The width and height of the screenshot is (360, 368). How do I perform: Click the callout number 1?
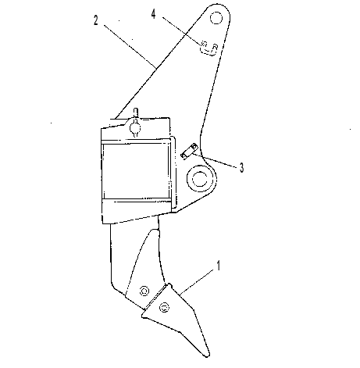click(219, 266)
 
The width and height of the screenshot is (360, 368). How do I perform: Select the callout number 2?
click(96, 20)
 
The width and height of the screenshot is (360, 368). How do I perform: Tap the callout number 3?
click(242, 168)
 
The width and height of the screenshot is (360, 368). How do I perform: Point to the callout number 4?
click(154, 14)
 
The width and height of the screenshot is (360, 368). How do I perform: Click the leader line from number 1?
click(198, 282)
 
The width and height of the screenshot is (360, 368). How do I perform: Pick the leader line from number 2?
click(130, 47)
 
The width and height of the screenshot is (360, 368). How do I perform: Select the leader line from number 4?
click(182, 30)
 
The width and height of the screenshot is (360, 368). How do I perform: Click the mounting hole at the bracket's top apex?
click(216, 18)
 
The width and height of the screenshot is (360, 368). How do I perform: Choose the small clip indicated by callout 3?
click(189, 151)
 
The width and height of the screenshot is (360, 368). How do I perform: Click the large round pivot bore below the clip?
click(200, 179)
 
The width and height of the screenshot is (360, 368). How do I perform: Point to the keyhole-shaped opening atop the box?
click(135, 127)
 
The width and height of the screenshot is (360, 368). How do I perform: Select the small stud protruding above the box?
click(135, 113)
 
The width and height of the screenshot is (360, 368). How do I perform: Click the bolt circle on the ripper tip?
click(164, 308)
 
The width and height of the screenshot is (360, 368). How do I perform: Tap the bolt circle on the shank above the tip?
click(144, 291)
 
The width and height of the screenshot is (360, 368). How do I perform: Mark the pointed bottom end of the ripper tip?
click(208, 355)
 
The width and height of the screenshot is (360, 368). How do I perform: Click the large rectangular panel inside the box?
click(136, 171)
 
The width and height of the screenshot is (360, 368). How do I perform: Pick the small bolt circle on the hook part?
click(205, 44)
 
